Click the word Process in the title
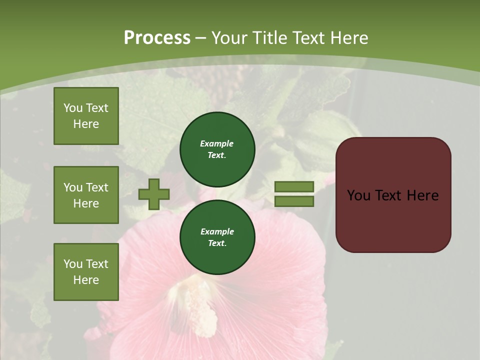[157, 38]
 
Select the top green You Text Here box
[86, 116]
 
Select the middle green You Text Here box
[86, 195]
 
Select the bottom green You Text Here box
[86, 271]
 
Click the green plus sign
[154, 194]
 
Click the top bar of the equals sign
[294, 187]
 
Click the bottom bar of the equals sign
[294, 201]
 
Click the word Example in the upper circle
[217, 143]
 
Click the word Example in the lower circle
[217, 231]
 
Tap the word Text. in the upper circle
[217, 155]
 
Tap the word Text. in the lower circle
[217, 243]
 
